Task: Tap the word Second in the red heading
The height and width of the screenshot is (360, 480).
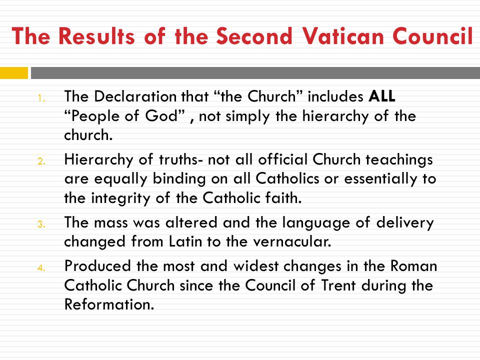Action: click(254, 36)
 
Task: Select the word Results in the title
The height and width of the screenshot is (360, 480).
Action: click(96, 36)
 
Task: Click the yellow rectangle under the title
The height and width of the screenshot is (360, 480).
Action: click(14, 73)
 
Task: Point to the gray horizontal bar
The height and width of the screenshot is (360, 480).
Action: click(255, 73)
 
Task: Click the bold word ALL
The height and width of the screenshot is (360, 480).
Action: click(381, 96)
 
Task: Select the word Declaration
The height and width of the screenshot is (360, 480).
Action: click(135, 96)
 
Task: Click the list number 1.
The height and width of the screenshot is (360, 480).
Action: click(41, 98)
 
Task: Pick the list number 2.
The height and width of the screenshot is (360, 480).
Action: click(41, 161)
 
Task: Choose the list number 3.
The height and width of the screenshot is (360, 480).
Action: click(41, 224)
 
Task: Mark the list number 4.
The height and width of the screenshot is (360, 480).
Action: click(41, 268)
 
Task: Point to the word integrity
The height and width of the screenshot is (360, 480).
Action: click(120, 198)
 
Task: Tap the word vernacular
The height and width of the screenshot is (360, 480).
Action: click(292, 241)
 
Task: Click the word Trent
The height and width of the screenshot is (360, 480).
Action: click(338, 285)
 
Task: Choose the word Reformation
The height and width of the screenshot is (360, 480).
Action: click(109, 304)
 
